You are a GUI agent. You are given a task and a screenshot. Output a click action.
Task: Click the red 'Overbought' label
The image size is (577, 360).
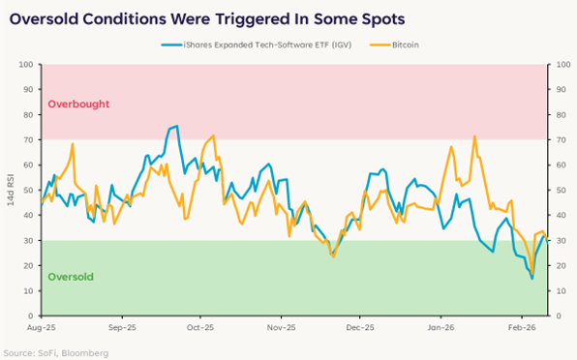78,104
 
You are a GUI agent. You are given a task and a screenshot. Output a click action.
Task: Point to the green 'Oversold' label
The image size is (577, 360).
71,277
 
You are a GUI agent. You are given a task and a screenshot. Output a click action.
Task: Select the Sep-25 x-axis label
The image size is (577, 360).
122,328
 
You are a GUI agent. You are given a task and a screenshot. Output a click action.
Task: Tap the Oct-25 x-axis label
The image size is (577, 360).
200,328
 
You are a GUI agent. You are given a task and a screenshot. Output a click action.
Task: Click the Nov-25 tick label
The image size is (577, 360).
281,328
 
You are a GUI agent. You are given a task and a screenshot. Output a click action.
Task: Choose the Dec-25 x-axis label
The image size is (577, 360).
360,328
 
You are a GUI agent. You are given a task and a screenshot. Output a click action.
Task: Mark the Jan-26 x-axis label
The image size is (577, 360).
440,328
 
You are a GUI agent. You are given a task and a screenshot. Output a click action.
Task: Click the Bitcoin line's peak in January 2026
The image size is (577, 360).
474,136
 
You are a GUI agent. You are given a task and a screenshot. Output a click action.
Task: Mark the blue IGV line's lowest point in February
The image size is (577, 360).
531,279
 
